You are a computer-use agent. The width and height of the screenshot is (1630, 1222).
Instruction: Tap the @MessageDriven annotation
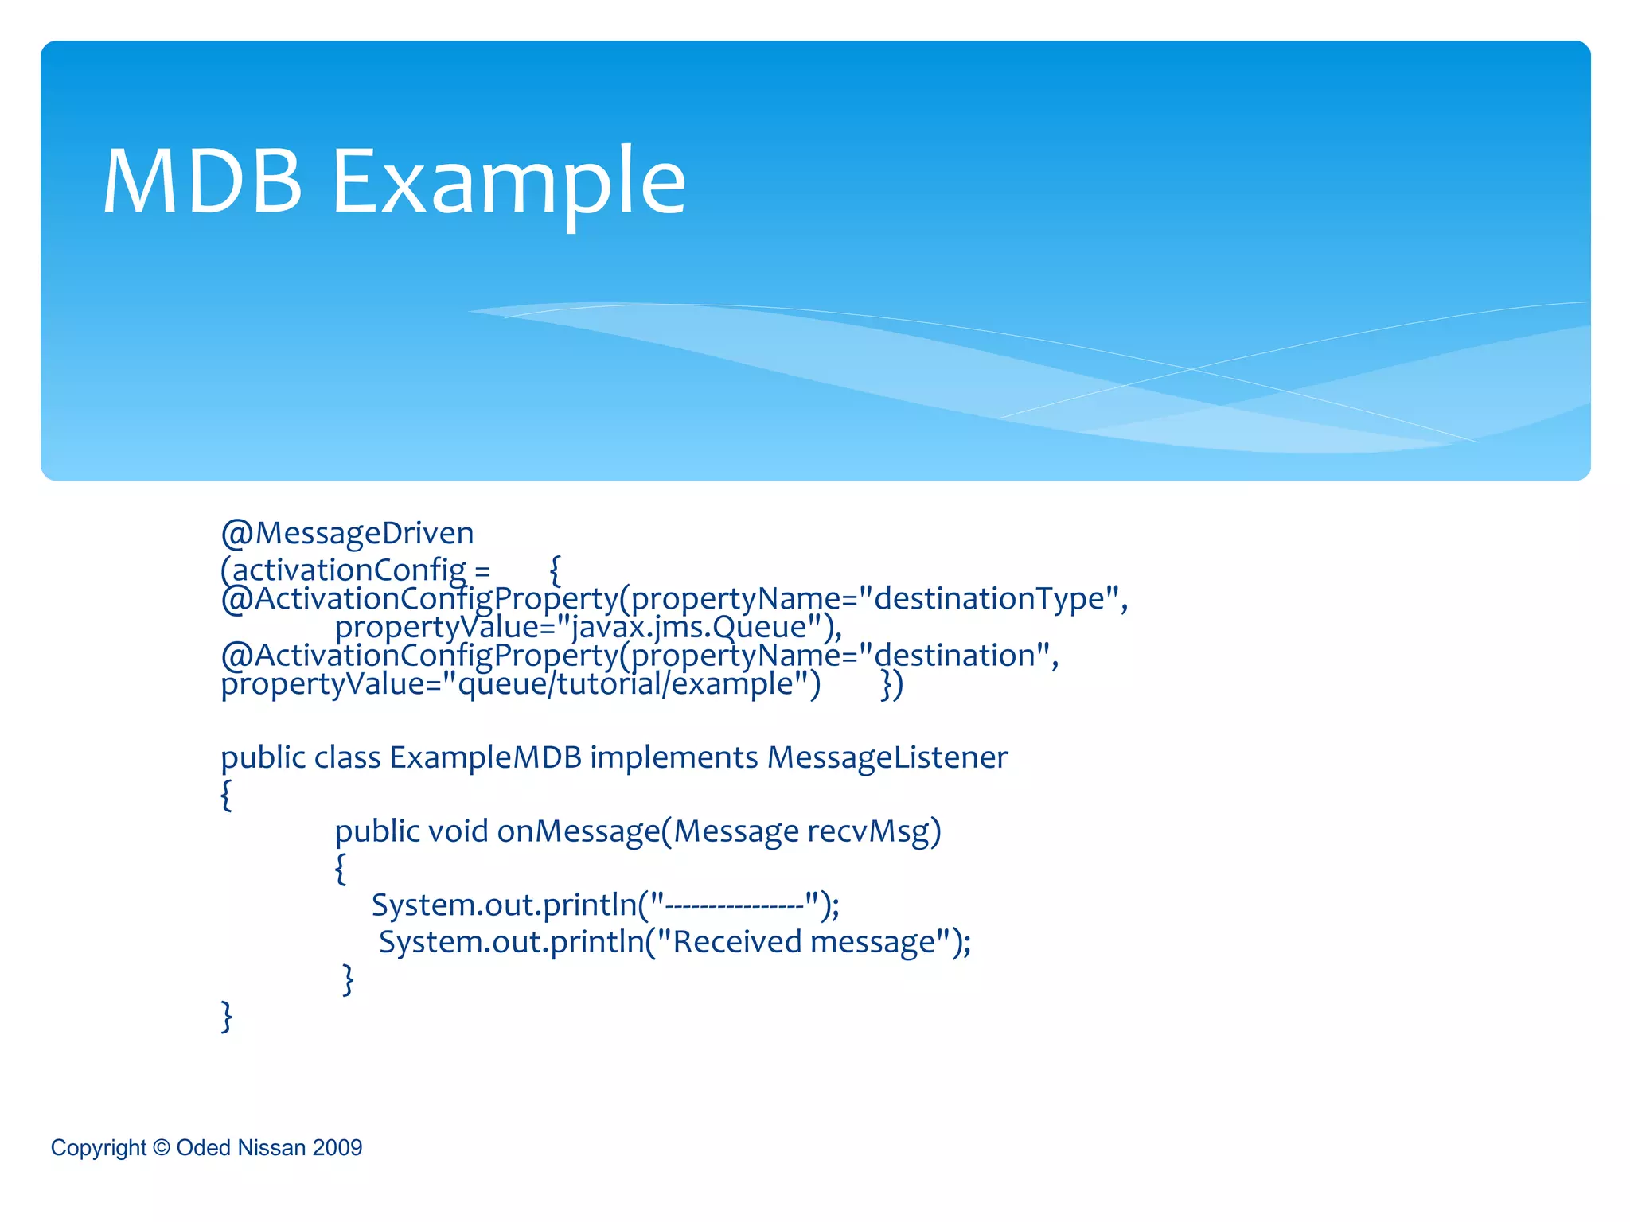tap(348, 532)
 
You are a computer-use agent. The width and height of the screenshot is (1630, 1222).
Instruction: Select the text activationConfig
tap(349, 570)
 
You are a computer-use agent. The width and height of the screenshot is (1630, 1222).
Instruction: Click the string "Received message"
tap(804, 942)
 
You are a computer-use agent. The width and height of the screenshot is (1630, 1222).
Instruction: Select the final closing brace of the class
tap(227, 1016)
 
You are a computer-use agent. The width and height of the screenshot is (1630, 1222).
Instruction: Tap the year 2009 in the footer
tap(337, 1147)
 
